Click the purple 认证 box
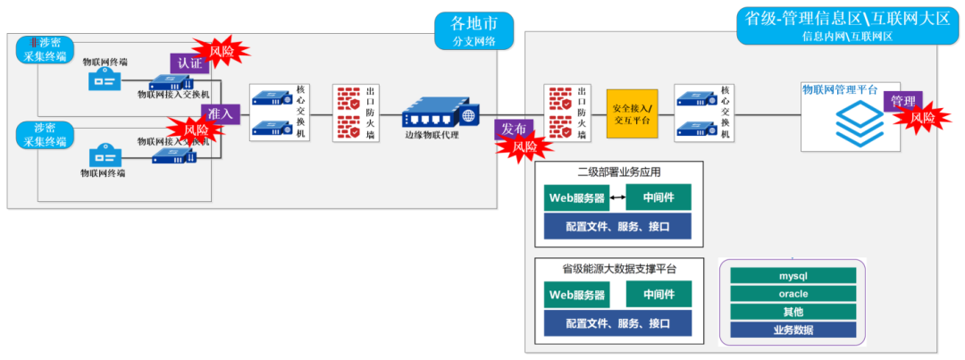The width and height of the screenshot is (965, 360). point(189,63)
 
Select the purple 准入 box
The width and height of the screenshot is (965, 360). point(221,113)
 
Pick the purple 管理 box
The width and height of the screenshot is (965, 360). point(902,102)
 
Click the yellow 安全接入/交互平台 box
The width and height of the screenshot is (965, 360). point(632,113)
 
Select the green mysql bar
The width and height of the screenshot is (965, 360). point(793,276)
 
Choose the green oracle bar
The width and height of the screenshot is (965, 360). point(793,294)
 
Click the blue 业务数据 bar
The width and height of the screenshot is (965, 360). point(793,330)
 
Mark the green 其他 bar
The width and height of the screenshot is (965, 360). point(793,312)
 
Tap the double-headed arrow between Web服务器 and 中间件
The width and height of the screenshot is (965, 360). point(617,197)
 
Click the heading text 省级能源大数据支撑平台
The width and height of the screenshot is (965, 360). point(618,269)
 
